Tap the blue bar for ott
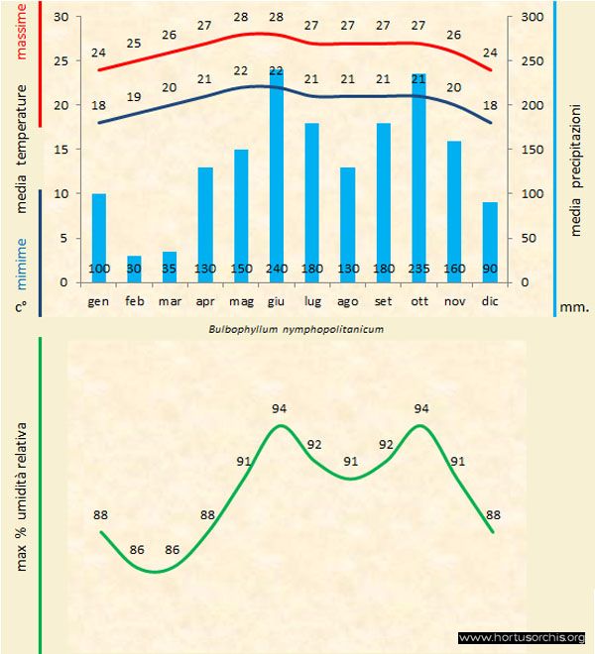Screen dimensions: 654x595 [x=418, y=178]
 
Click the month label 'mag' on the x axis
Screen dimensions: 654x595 [x=241, y=300]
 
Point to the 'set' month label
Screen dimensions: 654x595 [x=383, y=300]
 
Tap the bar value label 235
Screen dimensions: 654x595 [x=418, y=270]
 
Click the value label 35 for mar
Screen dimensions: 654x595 [x=170, y=270]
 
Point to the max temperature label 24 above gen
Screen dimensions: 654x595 [x=98, y=53]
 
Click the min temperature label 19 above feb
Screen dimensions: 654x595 [x=134, y=96]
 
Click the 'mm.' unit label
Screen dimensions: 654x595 [x=574, y=307]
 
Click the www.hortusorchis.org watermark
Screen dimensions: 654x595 [x=522, y=637]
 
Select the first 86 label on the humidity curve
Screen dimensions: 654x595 [x=137, y=550]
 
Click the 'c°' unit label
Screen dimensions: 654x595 [x=21, y=307]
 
